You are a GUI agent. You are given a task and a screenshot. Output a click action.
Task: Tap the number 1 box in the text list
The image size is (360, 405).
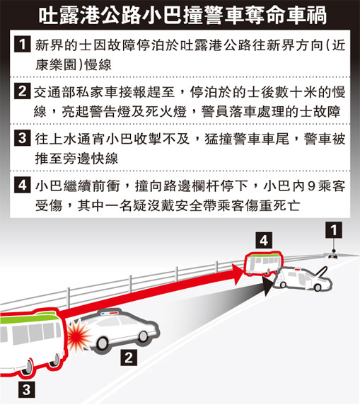(x=23, y=44)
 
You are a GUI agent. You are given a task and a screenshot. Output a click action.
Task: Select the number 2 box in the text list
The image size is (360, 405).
(x=23, y=91)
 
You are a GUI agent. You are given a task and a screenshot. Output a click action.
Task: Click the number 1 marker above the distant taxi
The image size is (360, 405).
(x=334, y=230)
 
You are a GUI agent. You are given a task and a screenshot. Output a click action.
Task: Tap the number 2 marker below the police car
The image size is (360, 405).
(x=129, y=358)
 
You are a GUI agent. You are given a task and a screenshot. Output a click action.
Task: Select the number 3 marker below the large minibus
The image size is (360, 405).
(x=27, y=389)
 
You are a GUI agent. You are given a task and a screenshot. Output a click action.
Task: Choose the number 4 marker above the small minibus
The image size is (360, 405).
(x=264, y=241)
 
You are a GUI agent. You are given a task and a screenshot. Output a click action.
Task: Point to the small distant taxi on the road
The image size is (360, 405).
(x=333, y=256)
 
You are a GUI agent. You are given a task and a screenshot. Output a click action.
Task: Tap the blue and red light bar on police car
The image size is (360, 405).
(x=109, y=314)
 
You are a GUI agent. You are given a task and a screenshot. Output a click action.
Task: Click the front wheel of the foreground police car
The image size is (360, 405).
(x=143, y=336)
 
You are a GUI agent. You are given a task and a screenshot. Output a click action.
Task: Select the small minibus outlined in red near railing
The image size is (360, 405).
(x=263, y=263)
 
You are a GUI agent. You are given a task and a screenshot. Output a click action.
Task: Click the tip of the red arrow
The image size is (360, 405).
(x=243, y=271)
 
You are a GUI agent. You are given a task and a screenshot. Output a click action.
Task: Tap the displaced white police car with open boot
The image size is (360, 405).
(x=303, y=279)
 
